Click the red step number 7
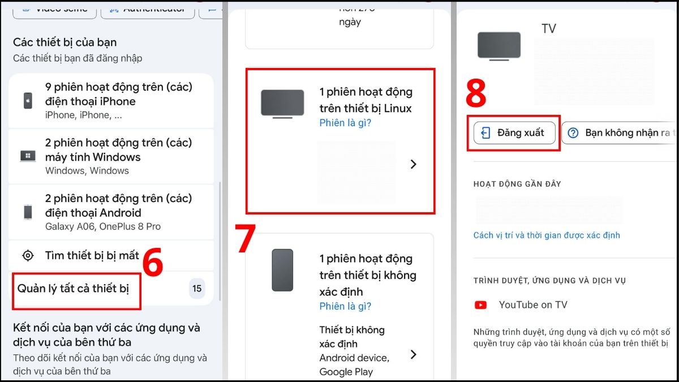click(x=245, y=239)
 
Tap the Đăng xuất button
click(x=514, y=133)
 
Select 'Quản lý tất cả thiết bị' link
click(x=74, y=289)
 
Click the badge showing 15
click(x=196, y=289)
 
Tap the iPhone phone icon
click(x=28, y=101)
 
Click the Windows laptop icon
click(x=28, y=156)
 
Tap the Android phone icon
click(x=28, y=212)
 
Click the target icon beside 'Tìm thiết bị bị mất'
click(x=28, y=255)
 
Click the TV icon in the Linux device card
click(x=282, y=104)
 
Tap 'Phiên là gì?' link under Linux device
click(x=345, y=123)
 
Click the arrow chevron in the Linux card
click(x=413, y=164)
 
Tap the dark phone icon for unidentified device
click(x=282, y=270)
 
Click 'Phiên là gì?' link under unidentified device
click(x=345, y=306)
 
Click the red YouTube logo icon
click(x=480, y=305)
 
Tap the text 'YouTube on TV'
click(x=532, y=305)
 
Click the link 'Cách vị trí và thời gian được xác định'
click(x=547, y=235)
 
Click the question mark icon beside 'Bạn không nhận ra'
click(x=573, y=133)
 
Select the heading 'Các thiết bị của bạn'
click(x=65, y=42)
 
